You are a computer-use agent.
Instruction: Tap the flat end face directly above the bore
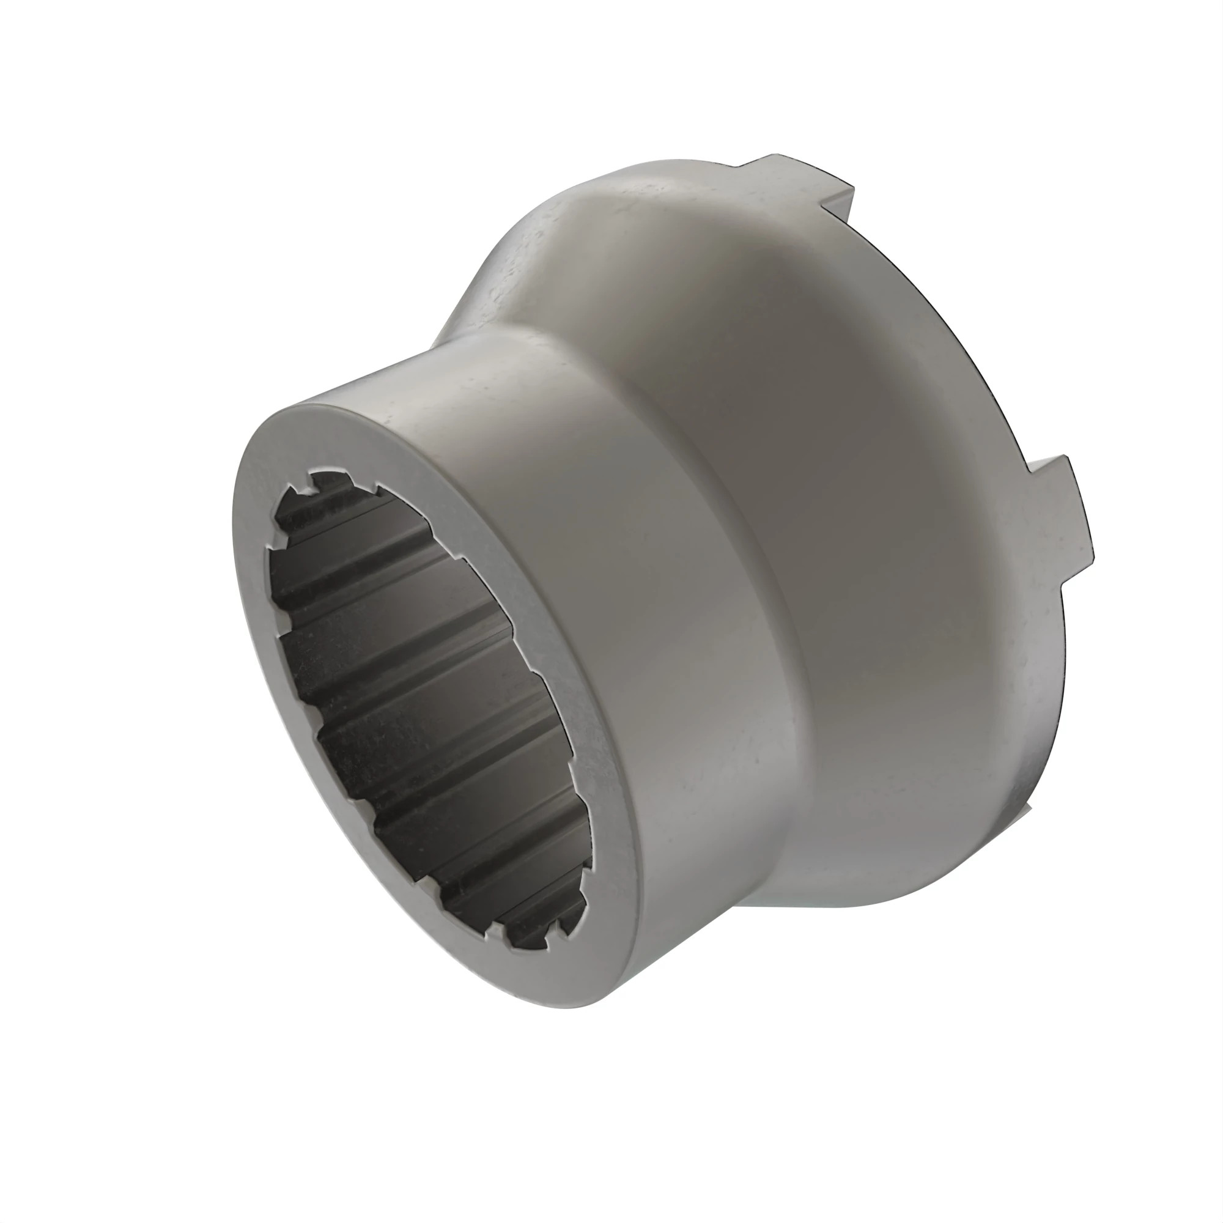[x=355, y=437]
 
